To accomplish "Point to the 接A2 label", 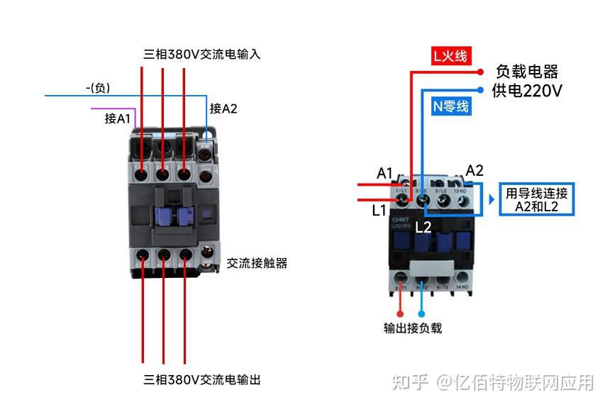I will click(223, 108).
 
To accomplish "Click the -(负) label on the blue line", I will click(98, 88).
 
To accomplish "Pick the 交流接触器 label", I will click(257, 263).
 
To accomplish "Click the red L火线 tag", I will click(450, 56).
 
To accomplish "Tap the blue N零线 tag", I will click(450, 106).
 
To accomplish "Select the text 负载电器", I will click(527, 72).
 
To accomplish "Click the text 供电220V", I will click(528, 91).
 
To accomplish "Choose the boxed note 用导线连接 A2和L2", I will click(536, 200).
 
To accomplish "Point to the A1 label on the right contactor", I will click(384, 173).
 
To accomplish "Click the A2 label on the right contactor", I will click(475, 170).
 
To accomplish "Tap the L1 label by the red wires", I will click(379, 211).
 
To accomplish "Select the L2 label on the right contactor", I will click(423, 227).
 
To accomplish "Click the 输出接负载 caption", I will click(413, 328).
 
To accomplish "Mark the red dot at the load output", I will click(401, 312).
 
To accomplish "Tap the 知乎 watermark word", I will click(410, 383).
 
